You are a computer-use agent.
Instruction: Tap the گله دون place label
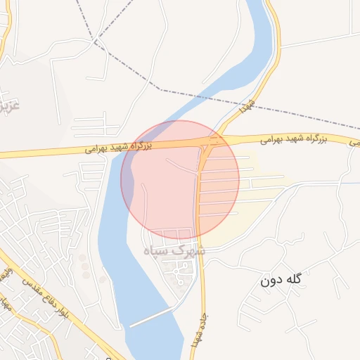(280, 280)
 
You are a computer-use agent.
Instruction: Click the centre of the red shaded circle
(180, 179)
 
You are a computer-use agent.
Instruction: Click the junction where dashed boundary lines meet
(95, 40)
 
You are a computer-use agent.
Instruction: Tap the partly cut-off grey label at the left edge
(8, 105)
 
